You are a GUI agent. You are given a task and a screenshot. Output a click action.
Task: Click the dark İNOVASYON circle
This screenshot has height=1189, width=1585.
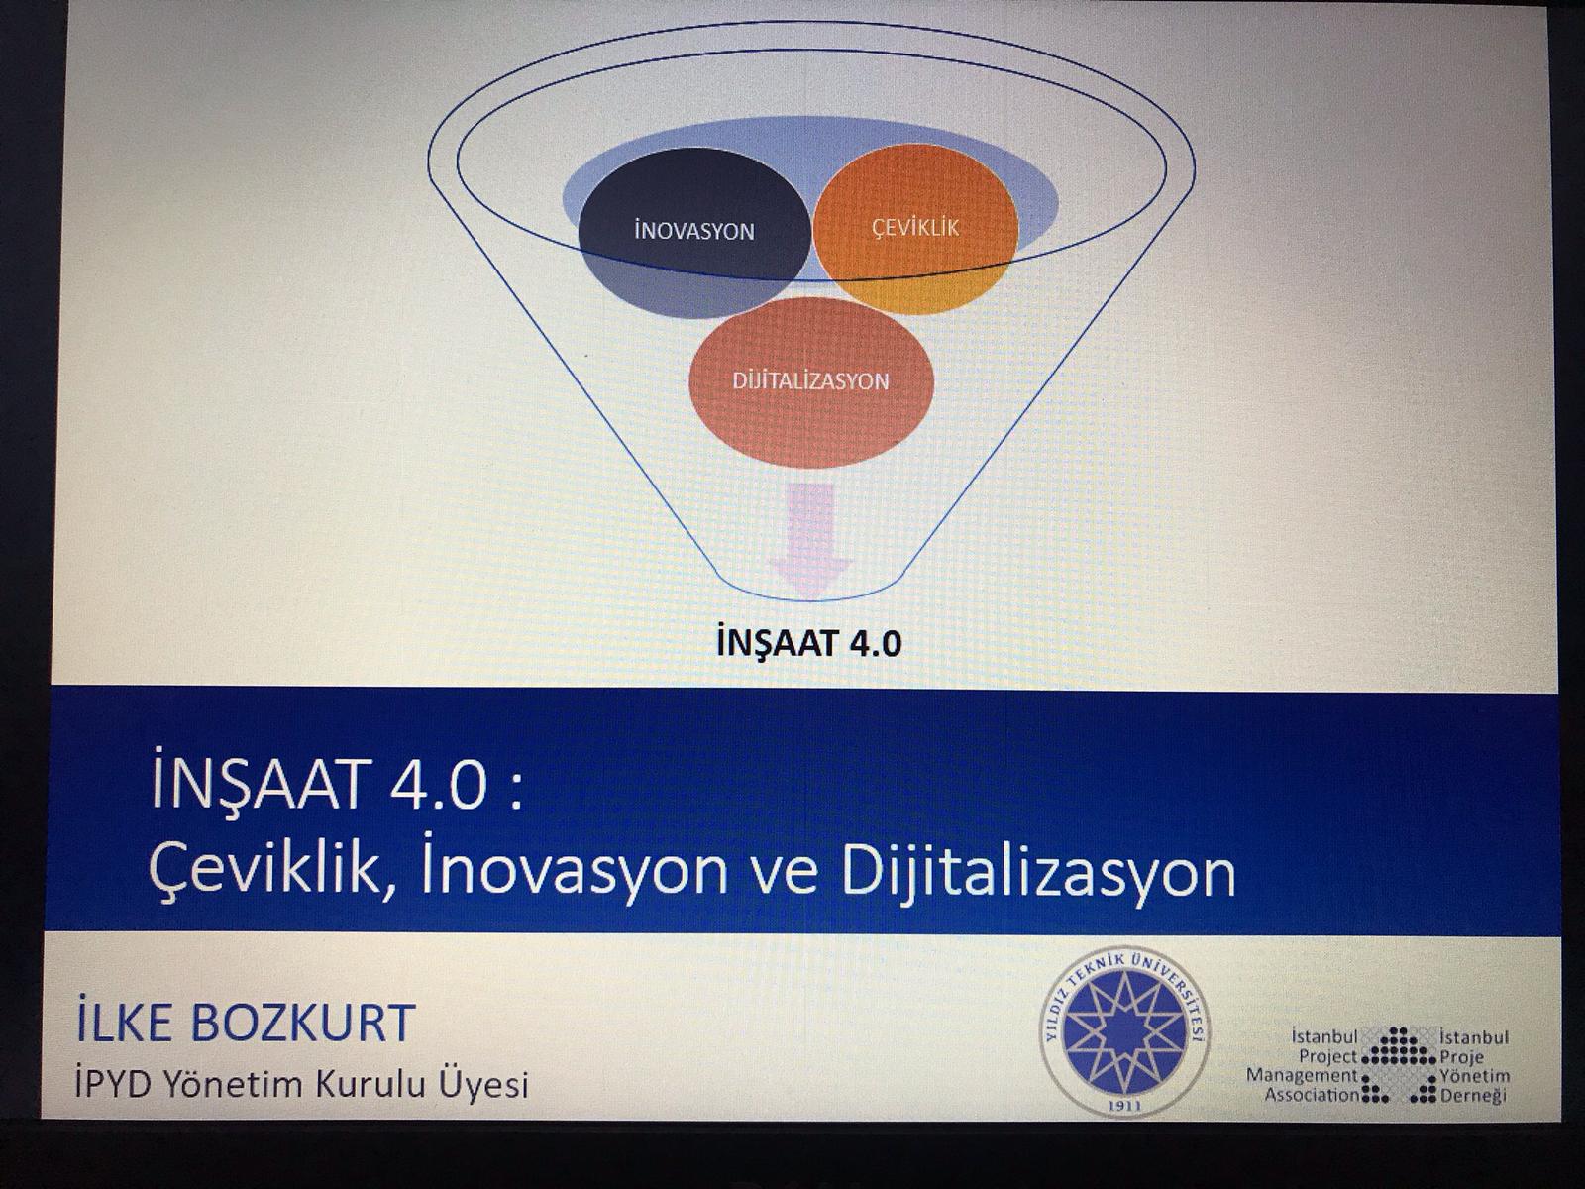point(694,232)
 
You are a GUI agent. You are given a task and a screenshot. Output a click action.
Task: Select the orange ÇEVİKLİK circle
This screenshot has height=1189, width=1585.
point(915,228)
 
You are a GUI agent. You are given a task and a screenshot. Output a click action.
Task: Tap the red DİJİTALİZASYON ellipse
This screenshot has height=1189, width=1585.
point(811,381)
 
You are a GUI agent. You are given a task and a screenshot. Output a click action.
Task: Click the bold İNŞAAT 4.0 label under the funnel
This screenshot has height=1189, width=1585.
point(808,643)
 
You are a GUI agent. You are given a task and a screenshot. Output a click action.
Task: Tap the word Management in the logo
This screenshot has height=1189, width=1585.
point(1303,1076)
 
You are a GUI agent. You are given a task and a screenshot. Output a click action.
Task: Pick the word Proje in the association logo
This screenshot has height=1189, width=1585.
point(1461,1057)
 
